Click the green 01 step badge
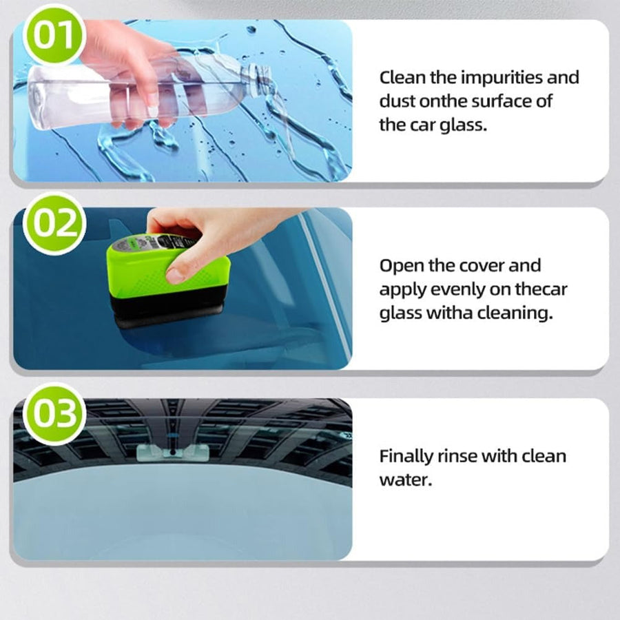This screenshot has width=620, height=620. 54,35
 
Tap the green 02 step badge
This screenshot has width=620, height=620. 54,223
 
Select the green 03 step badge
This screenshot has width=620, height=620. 54,413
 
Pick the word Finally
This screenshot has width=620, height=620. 406,457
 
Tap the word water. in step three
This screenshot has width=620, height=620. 406,480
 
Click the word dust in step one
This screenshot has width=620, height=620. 397,102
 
